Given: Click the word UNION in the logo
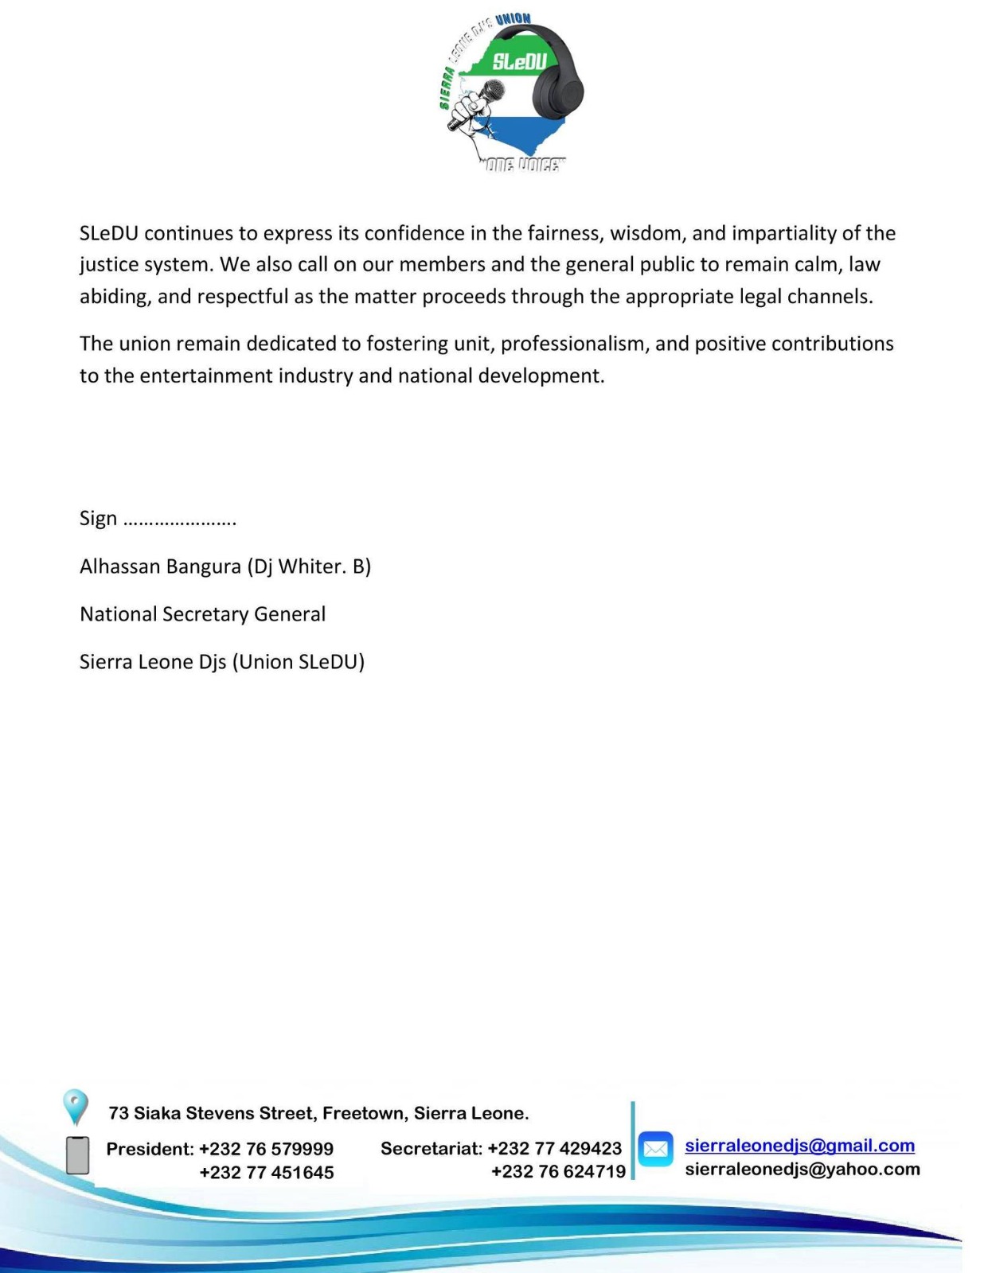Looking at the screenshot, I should pyautogui.click(x=513, y=19).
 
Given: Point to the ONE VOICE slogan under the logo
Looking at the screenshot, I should pyautogui.click(x=522, y=165).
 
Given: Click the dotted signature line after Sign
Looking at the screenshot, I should pyautogui.click(x=180, y=520).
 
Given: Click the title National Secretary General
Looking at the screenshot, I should pyautogui.click(x=202, y=614).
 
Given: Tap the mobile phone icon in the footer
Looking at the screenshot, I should pyautogui.click(x=77, y=1155).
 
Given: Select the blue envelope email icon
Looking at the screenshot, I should pyautogui.click(x=655, y=1149).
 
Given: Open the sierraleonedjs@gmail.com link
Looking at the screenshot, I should pyautogui.click(x=799, y=1146).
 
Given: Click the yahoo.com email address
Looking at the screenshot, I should pyautogui.click(x=802, y=1170).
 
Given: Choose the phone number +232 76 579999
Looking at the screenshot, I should pyautogui.click(x=266, y=1149).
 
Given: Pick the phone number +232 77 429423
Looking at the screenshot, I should pyautogui.click(x=554, y=1149).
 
